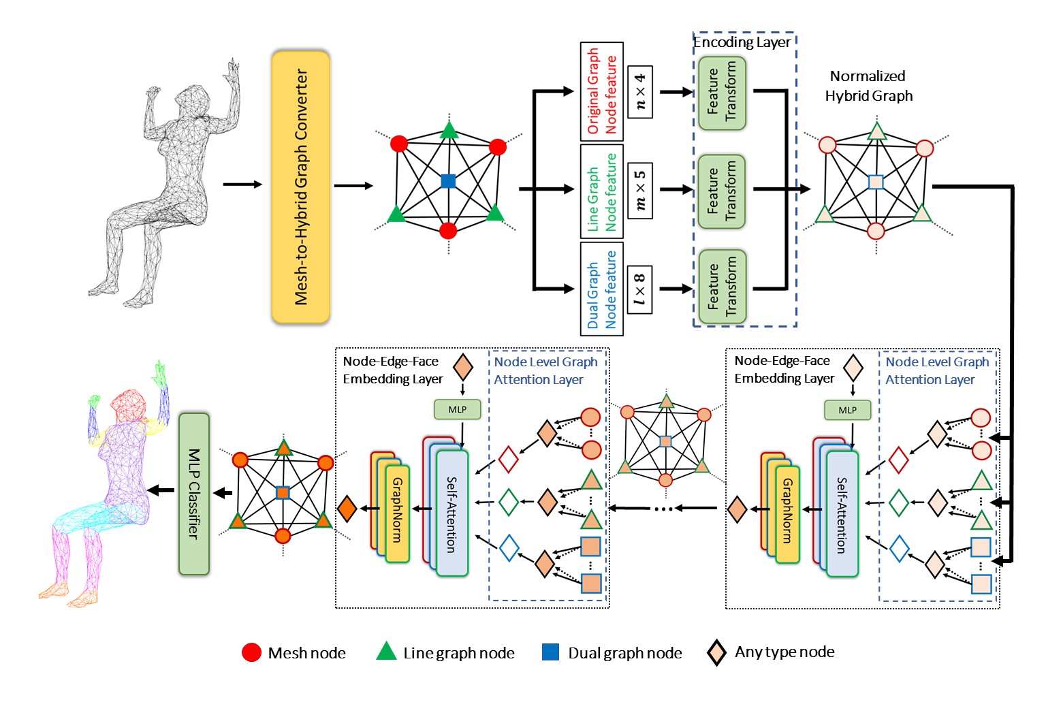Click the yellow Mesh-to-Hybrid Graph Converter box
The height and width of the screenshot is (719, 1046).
click(x=300, y=187)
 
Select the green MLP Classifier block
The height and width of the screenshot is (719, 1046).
click(x=194, y=494)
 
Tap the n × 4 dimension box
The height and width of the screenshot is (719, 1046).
click(x=639, y=92)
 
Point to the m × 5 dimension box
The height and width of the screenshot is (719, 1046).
click(x=639, y=190)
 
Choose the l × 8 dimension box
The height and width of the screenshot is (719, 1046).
click(x=639, y=289)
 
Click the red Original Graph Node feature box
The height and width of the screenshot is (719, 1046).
click(x=601, y=91)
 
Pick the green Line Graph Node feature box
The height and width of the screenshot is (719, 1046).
click(x=601, y=190)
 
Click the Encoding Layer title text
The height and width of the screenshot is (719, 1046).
click(x=742, y=42)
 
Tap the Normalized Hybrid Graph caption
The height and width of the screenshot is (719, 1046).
click(x=868, y=86)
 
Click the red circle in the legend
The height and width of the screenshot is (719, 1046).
click(x=252, y=652)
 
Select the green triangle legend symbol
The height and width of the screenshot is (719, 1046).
click(x=387, y=652)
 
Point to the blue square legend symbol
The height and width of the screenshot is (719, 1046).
click(x=550, y=652)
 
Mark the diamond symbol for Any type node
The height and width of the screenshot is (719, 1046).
click(x=716, y=652)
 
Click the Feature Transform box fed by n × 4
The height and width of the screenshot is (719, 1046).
click(x=722, y=93)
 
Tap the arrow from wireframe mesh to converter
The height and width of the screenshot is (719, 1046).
click(x=242, y=185)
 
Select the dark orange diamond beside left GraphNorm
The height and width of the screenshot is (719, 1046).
click(x=347, y=509)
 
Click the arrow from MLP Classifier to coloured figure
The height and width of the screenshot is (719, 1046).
click(x=162, y=490)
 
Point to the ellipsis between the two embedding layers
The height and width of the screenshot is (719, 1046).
click(x=663, y=508)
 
